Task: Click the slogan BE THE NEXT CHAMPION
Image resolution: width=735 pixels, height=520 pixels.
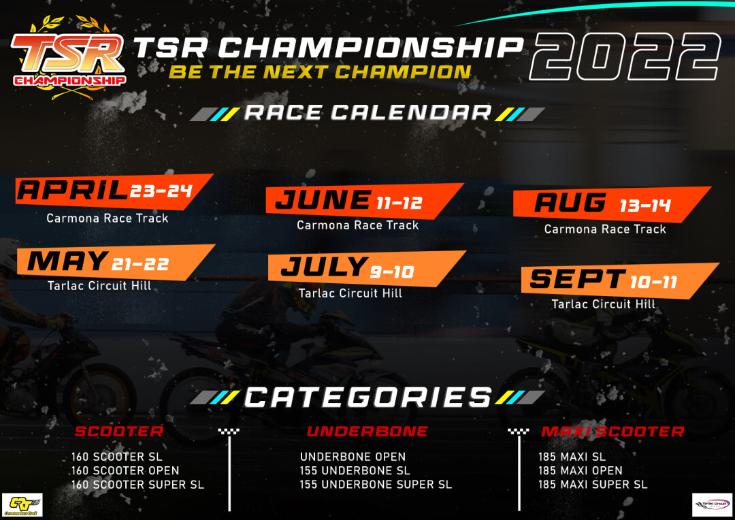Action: (x=320, y=72)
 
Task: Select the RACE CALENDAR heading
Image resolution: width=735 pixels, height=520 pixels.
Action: (x=367, y=113)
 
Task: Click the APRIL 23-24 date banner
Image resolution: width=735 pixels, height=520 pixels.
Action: (x=112, y=191)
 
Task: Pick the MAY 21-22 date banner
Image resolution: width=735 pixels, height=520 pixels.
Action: (x=112, y=261)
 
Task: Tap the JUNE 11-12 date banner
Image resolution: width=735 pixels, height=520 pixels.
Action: (x=361, y=201)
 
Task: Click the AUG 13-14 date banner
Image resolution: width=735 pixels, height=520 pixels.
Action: (x=609, y=204)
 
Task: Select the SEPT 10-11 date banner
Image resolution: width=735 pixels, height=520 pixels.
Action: (x=616, y=280)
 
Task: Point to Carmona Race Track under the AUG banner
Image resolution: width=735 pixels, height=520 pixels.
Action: (x=605, y=229)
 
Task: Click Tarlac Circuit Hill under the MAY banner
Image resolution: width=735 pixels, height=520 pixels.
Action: (x=99, y=286)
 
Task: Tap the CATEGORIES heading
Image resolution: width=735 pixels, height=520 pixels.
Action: (x=367, y=397)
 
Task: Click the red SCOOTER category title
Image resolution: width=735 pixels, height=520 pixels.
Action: (x=119, y=432)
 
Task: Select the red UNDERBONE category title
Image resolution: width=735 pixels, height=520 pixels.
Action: (x=367, y=432)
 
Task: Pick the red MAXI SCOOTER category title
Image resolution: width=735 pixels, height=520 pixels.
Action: (x=612, y=432)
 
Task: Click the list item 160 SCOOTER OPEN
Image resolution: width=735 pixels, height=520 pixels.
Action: (x=125, y=470)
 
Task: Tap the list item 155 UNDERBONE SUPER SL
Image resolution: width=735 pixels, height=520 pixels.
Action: (x=376, y=485)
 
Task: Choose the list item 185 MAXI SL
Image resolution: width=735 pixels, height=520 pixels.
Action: (x=572, y=457)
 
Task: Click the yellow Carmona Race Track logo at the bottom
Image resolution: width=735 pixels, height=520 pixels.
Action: (x=22, y=505)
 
